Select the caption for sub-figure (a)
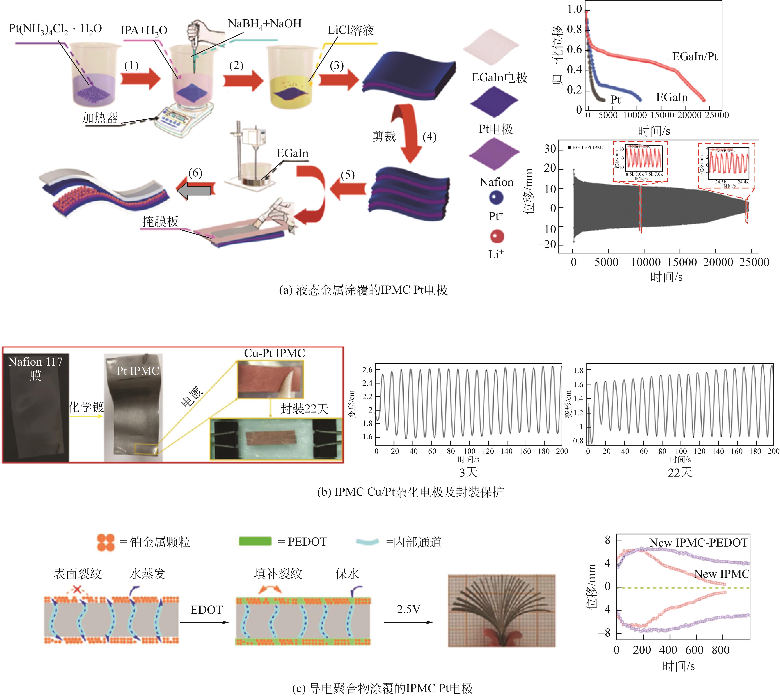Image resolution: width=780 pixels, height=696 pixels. [x=363, y=290]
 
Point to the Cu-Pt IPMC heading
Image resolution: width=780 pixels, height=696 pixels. [x=274, y=353]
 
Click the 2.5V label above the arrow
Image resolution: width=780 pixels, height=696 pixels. [x=408, y=609]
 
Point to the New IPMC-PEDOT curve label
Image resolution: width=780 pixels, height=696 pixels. [x=698, y=543]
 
